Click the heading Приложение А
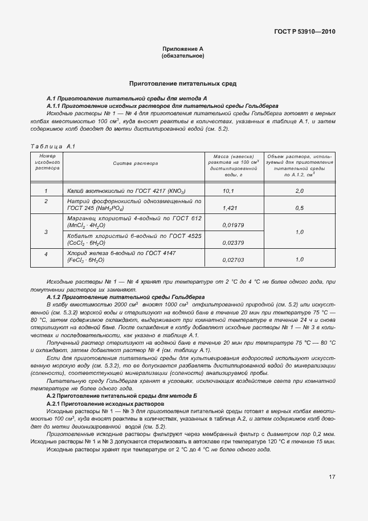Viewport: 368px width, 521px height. [183, 50]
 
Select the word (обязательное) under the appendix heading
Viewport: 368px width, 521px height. [183, 56]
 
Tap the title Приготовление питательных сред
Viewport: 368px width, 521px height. [183, 83]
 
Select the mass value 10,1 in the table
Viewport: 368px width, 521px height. [228, 191]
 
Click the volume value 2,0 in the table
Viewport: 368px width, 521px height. [300, 191]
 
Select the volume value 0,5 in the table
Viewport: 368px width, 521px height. [300, 208]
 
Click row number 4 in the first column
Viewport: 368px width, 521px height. [46, 254]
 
